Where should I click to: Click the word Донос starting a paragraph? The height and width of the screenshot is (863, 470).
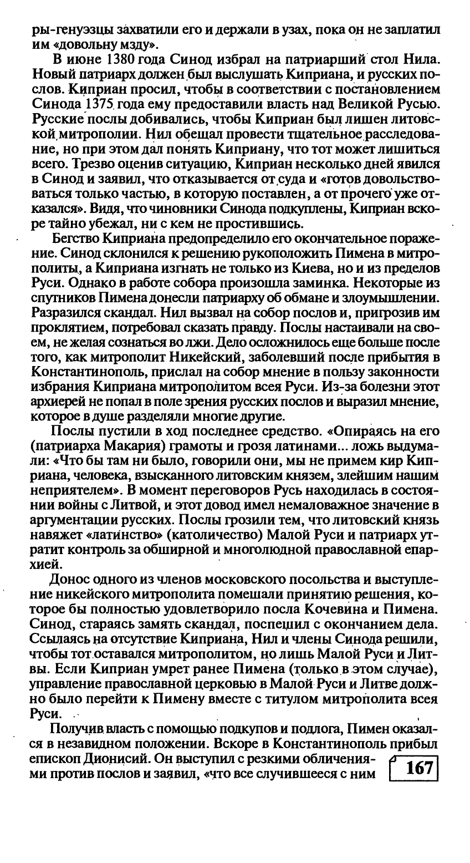pos(69,580)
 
